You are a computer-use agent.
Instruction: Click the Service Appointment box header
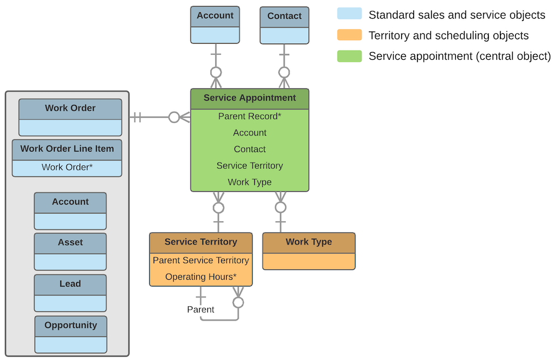[249, 98]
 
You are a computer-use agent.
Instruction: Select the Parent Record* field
[249, 117]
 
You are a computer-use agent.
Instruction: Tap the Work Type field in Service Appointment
[249, 182]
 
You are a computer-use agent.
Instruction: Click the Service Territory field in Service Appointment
[249, 165]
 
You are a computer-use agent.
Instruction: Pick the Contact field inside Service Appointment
[249, 149]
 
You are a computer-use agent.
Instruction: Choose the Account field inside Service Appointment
[249, 133]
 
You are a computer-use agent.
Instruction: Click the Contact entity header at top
[284, 16]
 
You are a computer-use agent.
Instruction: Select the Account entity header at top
[215, 16]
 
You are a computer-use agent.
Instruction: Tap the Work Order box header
[70, 108]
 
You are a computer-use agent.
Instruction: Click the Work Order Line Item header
[67, 149]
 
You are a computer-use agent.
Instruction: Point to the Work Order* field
[67, 167]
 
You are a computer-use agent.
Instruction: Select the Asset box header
[70, 242]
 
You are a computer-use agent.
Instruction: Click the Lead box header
[70, 284]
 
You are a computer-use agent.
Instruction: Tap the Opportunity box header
[71, 325]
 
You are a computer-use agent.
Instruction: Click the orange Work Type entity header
[309, 242]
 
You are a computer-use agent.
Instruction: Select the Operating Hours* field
[201, 276]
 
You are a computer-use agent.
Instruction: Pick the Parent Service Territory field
[201, 260]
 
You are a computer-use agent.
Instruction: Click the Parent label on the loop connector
[201, 310]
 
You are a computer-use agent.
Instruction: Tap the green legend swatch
[349, 56]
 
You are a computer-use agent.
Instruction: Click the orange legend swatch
[349, 35]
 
